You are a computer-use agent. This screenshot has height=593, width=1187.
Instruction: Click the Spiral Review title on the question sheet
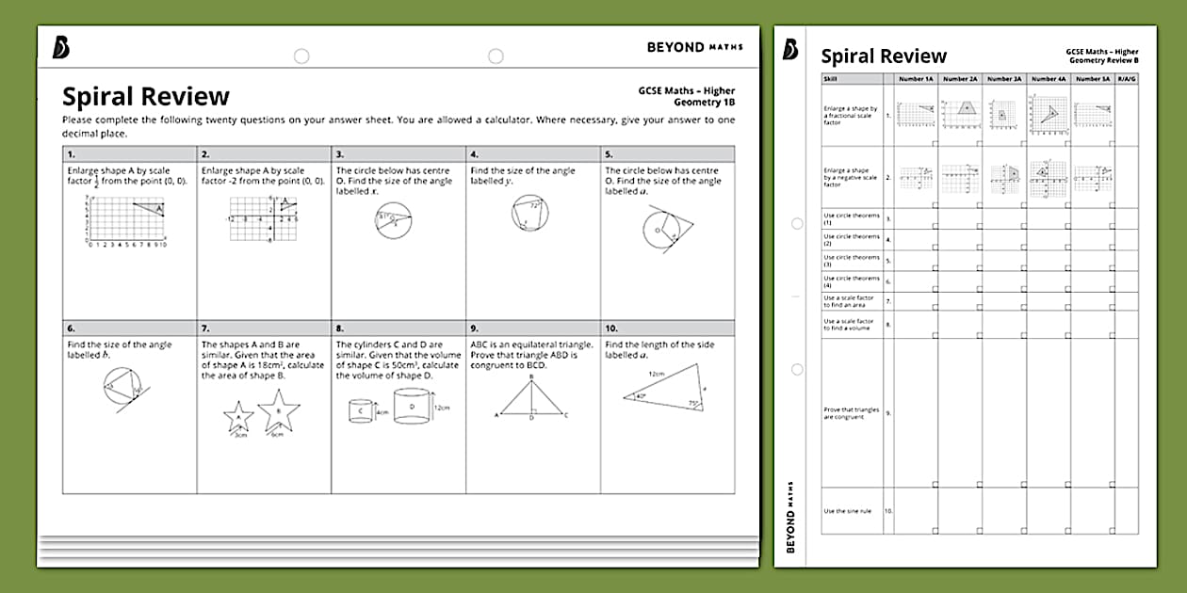[146, 97]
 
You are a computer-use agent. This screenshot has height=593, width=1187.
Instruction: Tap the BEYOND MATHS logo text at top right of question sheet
[694, 46]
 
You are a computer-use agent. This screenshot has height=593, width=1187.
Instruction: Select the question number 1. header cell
[129, 154]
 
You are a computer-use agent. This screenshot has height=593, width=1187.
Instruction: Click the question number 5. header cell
[667, 154]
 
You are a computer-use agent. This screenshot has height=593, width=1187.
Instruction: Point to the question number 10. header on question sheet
[667, 329]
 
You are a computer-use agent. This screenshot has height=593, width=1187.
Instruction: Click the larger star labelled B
[278, 411]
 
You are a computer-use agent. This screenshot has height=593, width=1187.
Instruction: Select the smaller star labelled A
[238, 416]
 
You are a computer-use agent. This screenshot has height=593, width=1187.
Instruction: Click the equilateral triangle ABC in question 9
[531, 398]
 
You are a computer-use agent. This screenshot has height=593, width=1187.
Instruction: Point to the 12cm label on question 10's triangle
[656, 375]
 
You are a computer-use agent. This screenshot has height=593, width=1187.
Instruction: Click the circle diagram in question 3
[394, 220]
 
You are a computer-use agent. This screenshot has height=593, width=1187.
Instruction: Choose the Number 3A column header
[1004, 79]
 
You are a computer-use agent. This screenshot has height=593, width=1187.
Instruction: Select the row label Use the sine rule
[848, 511]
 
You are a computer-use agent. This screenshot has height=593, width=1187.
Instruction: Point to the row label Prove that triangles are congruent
[851, 413]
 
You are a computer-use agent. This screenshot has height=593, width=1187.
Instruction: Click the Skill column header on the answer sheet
[830, 79]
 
